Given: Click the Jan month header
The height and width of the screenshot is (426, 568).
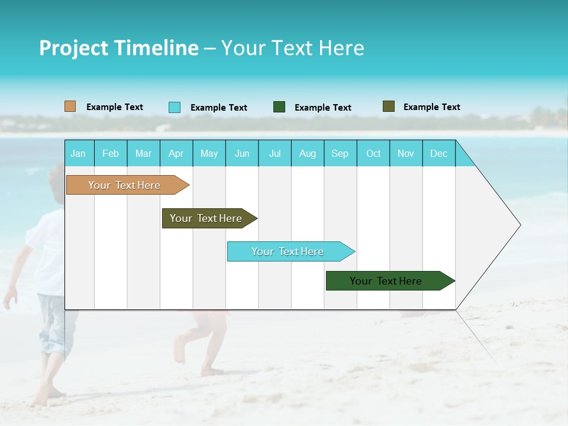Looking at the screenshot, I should [x=79, y=153].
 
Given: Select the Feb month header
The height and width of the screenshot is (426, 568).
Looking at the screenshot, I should [x=111, y=153].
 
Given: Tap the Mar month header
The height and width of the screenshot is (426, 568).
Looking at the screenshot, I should [x=143, y=153].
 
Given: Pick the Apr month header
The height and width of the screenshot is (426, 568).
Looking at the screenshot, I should [x=176, y=153].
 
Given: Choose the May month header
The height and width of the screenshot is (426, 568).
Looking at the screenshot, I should [x=209, y=153].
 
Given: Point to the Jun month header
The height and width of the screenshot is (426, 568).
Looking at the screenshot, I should [x=242, y=153].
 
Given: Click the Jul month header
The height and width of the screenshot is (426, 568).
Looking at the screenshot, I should [x=275, y=153].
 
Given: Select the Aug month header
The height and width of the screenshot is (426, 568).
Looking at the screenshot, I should [x=308, y=153].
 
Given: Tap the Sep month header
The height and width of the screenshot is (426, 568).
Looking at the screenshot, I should [x=340, y=153].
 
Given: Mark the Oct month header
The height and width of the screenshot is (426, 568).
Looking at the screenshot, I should [x=373, y=153].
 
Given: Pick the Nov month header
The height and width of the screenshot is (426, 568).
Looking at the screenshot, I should [x=406, y=153].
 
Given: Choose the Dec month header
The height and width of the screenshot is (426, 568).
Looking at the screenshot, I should [x=439, y=153].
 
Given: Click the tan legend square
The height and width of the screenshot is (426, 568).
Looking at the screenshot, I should [x=70, y=106].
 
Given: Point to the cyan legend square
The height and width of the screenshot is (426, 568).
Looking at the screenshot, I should [x=175, y=107].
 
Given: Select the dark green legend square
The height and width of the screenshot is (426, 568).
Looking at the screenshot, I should [x=279, y=107].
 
